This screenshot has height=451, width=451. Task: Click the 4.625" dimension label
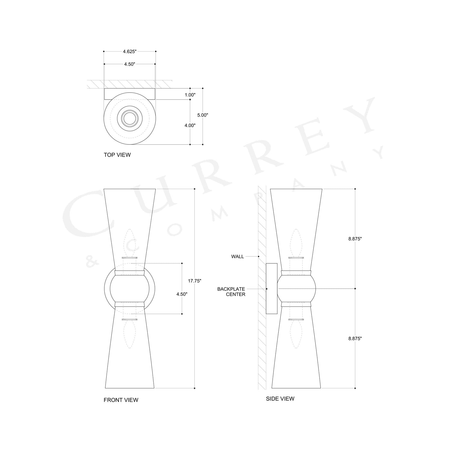130,51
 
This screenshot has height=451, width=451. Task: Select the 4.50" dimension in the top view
130,64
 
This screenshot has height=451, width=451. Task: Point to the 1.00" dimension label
190,95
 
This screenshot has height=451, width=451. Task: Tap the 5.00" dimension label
203,115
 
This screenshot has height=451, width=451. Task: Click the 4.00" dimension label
190,126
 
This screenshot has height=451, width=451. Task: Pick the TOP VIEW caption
117,155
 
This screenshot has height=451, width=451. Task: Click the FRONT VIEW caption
121,400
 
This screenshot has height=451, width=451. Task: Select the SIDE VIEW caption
280,399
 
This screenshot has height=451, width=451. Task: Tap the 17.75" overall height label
195,281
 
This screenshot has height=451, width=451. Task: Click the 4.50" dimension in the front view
182,294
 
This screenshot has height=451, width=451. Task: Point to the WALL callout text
238,257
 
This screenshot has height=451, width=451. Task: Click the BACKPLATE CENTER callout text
231,292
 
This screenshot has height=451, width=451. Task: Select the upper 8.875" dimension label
355,239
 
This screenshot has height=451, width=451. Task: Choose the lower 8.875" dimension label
355,339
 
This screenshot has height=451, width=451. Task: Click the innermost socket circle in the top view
130,118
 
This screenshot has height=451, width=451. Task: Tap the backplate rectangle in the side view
272,289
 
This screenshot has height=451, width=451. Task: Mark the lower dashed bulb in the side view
296,334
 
